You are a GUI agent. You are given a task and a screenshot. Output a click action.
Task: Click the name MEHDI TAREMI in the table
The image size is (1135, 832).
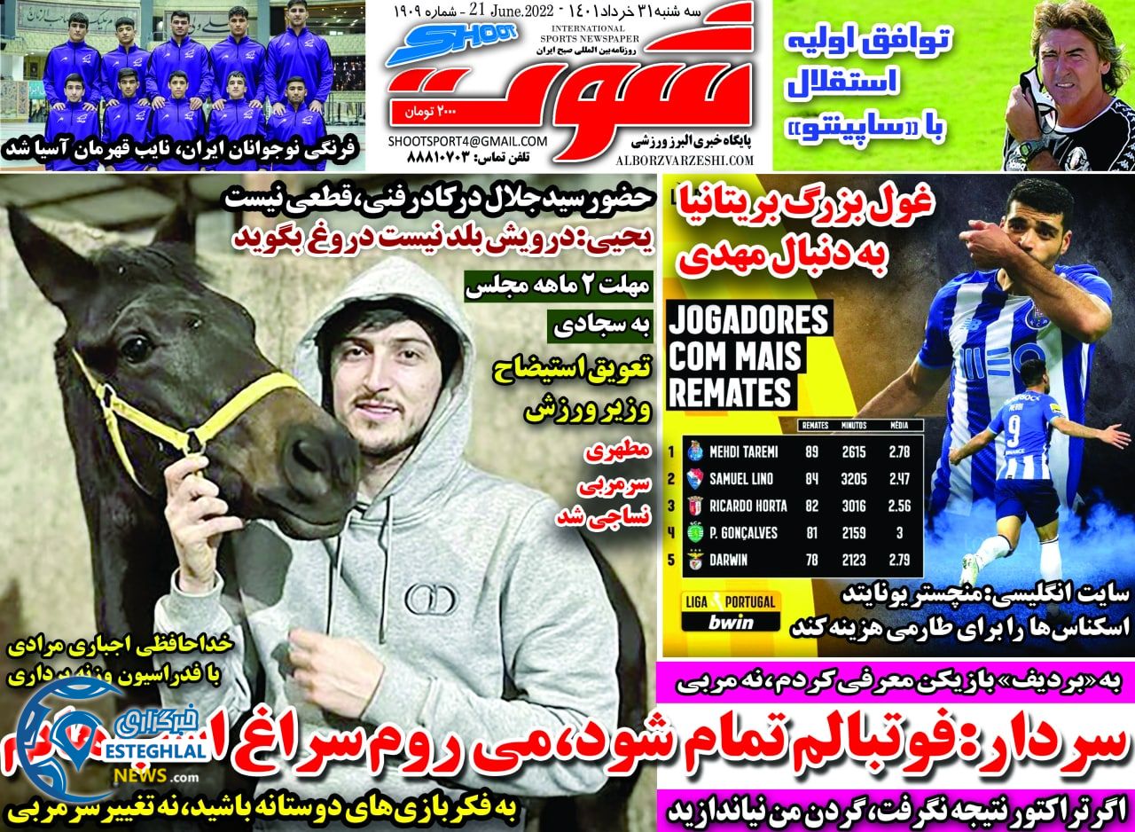pyautogui.click(x=743, y=452)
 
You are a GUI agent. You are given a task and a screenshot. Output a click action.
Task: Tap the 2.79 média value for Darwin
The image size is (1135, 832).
pyautogui.click(x=899, y=560)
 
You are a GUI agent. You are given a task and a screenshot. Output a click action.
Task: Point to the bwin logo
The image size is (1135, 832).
pyautogui.click(x=731, y=622)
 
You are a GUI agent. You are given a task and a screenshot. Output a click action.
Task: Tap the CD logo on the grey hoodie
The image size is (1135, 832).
pyautogui.click(x=430, y=600)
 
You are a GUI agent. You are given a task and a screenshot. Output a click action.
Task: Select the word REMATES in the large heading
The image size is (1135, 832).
pyautogui.click(x=730, y=391)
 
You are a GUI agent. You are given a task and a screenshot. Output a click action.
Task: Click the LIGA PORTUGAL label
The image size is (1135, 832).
pyautogui.click(x=731, y=602)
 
